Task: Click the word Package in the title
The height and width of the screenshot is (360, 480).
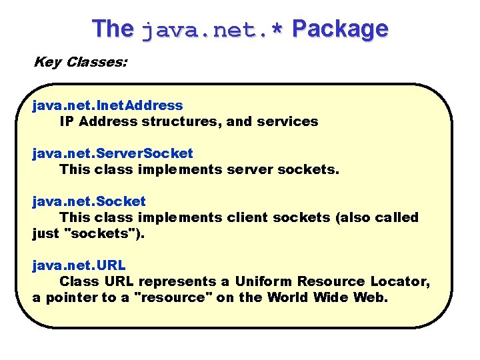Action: click(x=340, y=29)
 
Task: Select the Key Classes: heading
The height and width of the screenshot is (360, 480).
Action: click(x=81, y=62)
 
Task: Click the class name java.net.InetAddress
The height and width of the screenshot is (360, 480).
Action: click(x=107, y=105)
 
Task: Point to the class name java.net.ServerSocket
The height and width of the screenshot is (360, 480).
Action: click(x=113, y=153)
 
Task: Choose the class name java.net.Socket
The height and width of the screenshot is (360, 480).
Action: click(x=89, y=201)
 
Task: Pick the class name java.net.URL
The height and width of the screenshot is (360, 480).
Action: click(x=79, y=265)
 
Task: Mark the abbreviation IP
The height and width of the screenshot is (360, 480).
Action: click(x=67, y=121)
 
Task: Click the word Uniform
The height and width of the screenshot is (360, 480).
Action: click(x=265, y=281)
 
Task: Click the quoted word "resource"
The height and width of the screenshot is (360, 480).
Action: click(x=173, y=297)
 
